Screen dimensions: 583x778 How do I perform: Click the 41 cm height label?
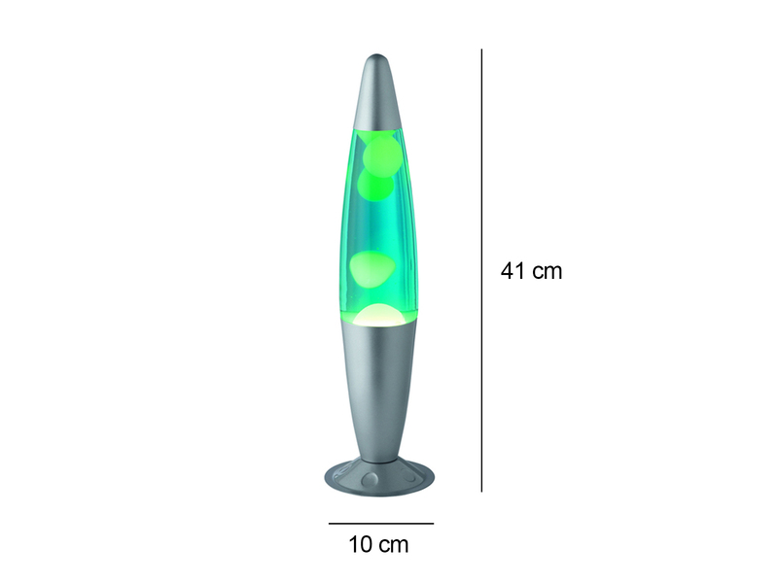tap(531, 271)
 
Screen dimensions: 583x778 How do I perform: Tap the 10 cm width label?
tap(379, 544)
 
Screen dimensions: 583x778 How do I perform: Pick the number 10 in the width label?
tap(362, 544)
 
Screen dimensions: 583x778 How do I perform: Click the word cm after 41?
tap(548, 271)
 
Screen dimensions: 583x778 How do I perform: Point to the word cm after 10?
tap(395, 544)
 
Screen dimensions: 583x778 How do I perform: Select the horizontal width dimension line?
tap(380, 524)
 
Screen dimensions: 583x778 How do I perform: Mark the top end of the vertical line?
tap(482, 50)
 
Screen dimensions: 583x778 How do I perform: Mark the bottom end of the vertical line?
tap(482, 491)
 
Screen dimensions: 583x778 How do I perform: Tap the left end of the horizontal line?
tap(328, 524)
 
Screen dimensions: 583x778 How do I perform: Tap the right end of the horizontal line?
tap(434, 524)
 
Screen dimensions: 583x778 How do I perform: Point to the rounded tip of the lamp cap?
tap(379, 57)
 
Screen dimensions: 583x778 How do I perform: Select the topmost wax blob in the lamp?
tap(380, 154)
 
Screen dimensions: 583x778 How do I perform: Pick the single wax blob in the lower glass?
tap(372, 268)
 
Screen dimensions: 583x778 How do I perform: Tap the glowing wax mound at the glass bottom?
tap(378, 314)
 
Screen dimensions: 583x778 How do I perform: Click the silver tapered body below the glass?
tap(379, 389)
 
